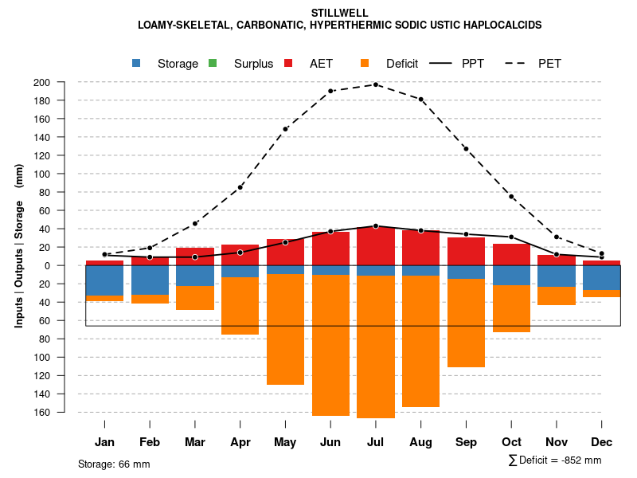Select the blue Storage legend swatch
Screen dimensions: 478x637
coord(136,64)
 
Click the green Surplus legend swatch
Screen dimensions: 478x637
coord(213,64)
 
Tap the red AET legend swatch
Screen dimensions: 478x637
coord(289,64)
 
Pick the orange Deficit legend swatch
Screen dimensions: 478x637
coord(365,64)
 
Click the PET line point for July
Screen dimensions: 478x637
coord(376,84)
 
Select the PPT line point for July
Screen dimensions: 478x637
coord(376,226)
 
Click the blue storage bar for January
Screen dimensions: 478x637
coord(104,280)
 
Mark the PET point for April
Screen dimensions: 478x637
coord(240,187)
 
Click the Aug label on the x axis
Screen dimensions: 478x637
coord(420,442)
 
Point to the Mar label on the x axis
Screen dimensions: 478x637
coord(195,442)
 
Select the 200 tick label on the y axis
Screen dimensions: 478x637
coord(64,82)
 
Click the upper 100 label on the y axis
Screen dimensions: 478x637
coord(64,174)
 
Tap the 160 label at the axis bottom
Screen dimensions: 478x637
coord(64,412)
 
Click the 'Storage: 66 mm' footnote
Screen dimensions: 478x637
coord(114,464)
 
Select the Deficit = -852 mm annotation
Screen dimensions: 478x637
coord(555,460)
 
